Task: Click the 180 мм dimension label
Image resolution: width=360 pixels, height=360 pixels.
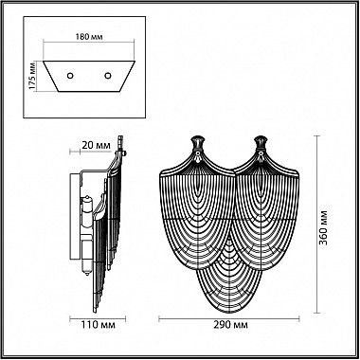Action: pos(89,37)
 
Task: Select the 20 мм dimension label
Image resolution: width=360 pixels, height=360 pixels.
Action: pos(96,146)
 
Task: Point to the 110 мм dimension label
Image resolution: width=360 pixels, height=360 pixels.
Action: pos(98,325)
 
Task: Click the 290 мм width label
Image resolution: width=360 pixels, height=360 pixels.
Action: pos(229,325)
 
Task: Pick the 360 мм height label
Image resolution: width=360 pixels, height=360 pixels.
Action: pos(323,227)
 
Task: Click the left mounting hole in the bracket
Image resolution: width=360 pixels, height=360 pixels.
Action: pos(70,76)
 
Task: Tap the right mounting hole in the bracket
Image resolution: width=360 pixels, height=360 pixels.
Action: pos(108,76)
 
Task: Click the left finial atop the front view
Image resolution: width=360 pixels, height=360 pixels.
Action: pos(198,143)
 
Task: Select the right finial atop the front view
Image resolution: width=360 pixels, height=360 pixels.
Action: pos(261,143)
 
